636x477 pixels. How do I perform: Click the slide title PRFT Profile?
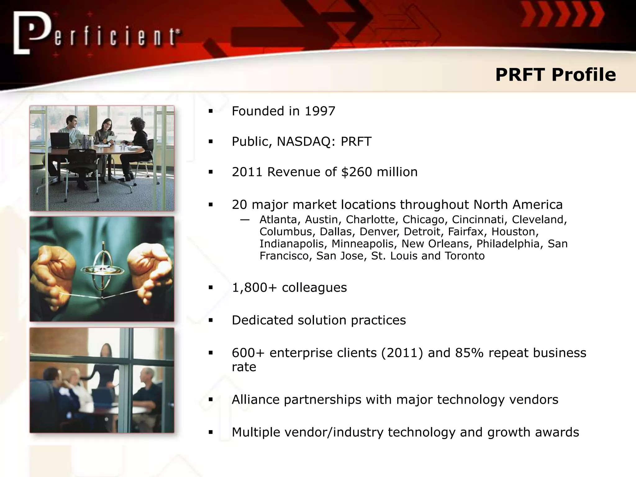pyautogui.click(x=555, y=75)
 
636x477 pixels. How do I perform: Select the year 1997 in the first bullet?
pyautogui.click(x=320, y=111)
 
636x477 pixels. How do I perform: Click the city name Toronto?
pyautogui.click(x=465, y=256)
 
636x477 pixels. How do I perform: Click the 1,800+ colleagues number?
pyautogui.click(x=254, y=288)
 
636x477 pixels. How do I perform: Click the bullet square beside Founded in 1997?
pyautogui.click(x=211, y=111)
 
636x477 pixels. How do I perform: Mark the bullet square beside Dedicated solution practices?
pyautogui.click(x=211, y=320)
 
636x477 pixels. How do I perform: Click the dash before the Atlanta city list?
pyautogui.click(x=245, y=220)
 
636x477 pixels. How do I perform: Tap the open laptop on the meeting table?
pyautogui.click(x=60, y=140)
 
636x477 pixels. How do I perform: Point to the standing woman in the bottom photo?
pyautogui.click(x=106, y=366)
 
